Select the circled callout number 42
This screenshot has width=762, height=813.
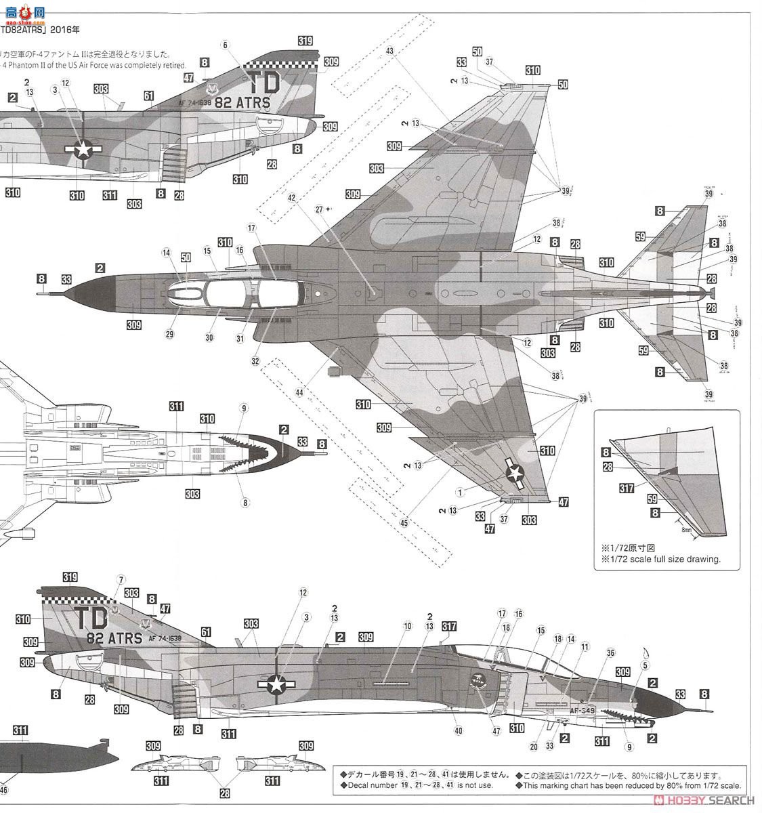[x=292, y=197]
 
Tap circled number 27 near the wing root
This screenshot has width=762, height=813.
[x=320, y=209]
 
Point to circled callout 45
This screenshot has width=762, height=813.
[x=405, y=522]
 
